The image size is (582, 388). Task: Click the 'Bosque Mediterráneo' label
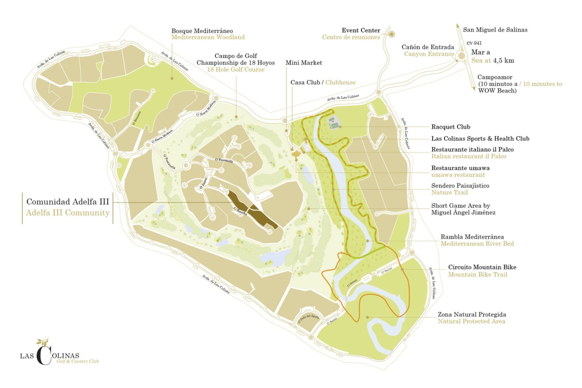(202, 31)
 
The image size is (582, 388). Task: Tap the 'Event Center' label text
(361, 30)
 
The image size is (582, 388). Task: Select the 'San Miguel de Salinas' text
(495, 30)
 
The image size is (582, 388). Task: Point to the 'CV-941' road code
(474, 43)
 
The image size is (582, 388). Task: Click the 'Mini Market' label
(303, 63)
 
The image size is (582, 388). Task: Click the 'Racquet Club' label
(450, 127)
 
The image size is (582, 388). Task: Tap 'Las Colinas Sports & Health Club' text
(480, 139)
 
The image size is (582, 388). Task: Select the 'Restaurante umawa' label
(460, 168)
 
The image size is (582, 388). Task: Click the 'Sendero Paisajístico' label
(460, 186)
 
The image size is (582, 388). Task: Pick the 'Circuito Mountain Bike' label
(482, 267)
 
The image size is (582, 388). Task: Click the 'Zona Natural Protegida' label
(471, 314)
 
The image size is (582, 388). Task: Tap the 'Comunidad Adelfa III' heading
(68, 202)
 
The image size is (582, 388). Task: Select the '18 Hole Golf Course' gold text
(236, 70)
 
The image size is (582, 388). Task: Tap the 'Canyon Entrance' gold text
(429, 54)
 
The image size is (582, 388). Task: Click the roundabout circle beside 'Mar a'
(461, 56)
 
